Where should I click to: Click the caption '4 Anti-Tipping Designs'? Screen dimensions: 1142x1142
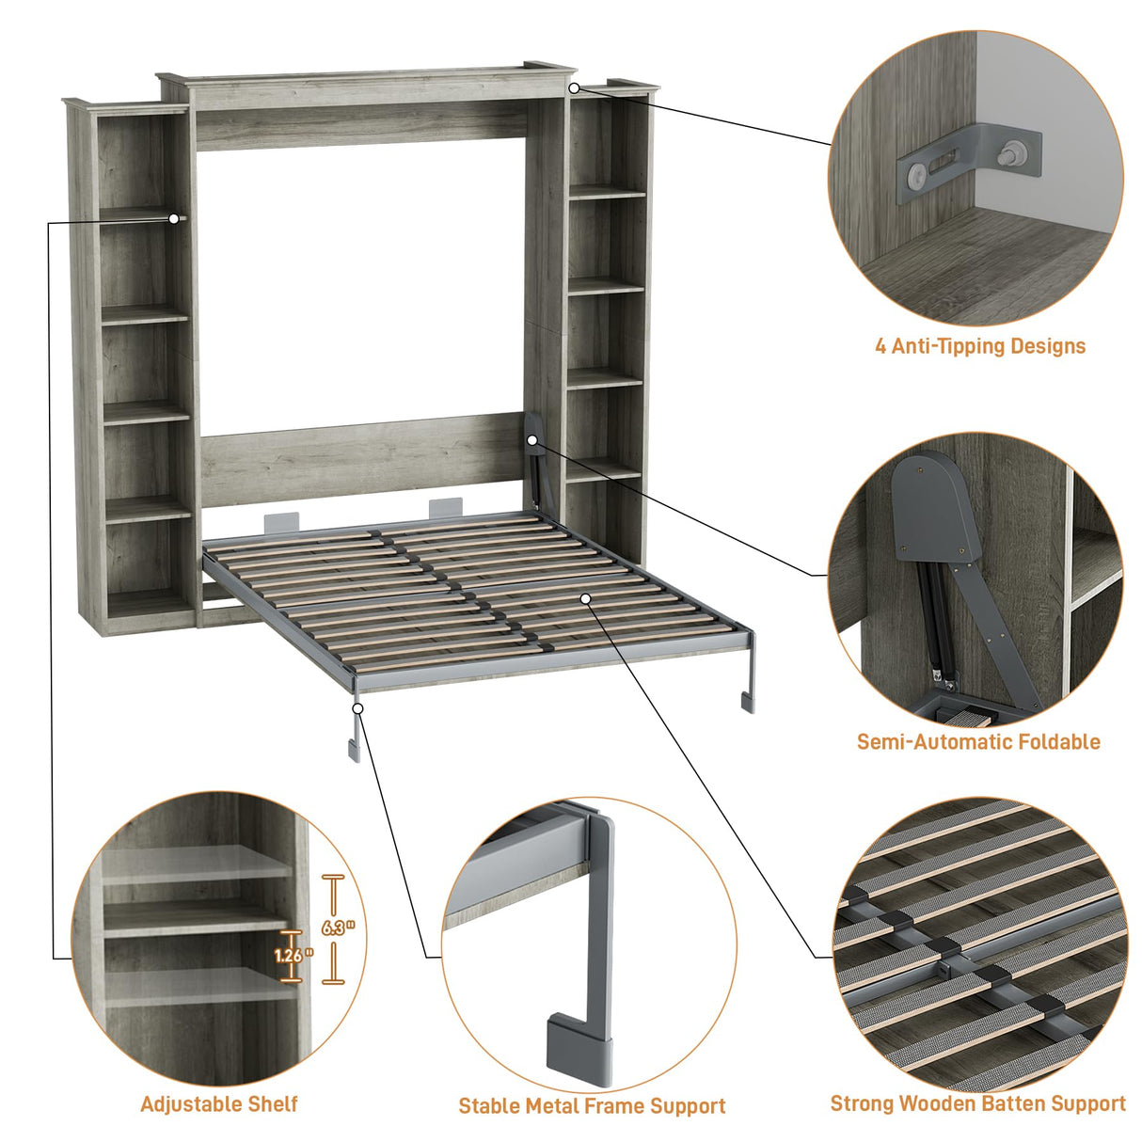(x=979, y=346)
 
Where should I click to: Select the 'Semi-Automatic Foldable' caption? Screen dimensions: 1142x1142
(x=978, y=742)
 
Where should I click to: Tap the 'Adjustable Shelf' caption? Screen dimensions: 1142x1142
(x=218, y=1104)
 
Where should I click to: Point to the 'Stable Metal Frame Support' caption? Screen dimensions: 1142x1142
(x=592, y=1106)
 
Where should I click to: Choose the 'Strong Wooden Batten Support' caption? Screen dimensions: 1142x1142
(x=977, y=1104)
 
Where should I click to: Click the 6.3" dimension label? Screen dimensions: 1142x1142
(x=338, y=928)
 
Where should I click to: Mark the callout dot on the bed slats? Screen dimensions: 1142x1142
(x=585, y=597)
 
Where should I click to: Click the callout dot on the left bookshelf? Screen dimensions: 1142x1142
(x=174, y=218)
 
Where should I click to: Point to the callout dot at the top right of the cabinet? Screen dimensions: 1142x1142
(x=573, y=87)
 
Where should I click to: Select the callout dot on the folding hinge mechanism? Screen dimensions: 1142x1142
(x=533, y=439)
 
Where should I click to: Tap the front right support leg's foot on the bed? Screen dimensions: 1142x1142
(x=747, y=702)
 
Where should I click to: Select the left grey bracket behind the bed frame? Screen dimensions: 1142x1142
(x=280, y=520)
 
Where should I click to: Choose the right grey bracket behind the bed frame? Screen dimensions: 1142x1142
(x=445, y=509)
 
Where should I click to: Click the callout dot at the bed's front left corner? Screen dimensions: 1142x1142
(x=357, y=706)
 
